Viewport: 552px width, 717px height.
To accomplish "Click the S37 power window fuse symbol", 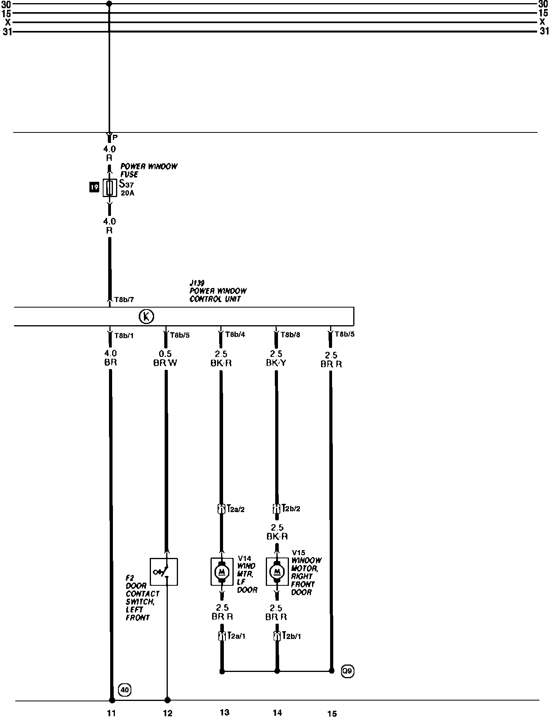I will pos(109,188).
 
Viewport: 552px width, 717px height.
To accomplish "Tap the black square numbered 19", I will pos(94,188).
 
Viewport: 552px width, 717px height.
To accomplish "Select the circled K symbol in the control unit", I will pos(147,316).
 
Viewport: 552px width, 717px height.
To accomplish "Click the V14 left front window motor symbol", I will pos(222,572).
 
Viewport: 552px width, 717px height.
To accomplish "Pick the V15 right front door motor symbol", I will pos(277,572).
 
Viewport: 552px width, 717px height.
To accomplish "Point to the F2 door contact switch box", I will pos(164,572).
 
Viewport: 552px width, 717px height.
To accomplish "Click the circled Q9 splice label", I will pos(347,671).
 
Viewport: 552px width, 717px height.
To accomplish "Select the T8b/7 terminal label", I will pos(124,300).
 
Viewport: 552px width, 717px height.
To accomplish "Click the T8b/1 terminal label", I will pos(124,335).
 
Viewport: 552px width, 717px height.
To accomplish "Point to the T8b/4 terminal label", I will pos(235,335).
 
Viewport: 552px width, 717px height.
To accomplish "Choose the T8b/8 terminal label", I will pos(291,335).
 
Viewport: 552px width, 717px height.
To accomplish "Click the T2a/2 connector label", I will pos(236,509).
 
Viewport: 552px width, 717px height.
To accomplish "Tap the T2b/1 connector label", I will pos(292,636).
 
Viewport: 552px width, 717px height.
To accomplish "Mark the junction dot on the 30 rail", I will pos(109,4).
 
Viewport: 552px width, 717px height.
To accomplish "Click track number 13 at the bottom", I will pos(224,712).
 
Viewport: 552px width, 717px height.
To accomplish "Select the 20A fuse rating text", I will pos(127,193).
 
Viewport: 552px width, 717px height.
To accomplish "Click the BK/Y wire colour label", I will pos(276,363).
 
